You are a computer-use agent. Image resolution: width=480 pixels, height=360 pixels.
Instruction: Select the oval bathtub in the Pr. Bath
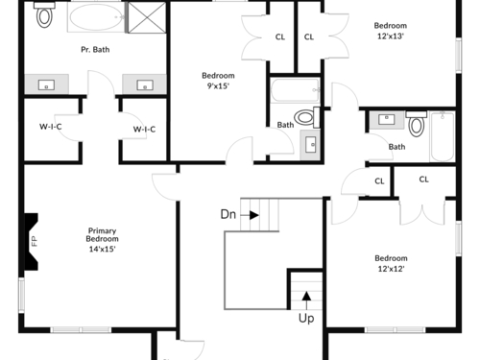[96, 17]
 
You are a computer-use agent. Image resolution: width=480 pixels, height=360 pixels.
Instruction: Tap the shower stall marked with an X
[147, 17]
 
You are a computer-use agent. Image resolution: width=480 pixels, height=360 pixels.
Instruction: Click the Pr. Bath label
[95, 50]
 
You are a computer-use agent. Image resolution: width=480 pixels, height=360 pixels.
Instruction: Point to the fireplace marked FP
[31, 242]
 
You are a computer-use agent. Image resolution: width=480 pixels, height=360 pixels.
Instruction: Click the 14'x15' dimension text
[102, 249]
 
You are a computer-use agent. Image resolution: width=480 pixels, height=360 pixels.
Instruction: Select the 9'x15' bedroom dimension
[218, 86]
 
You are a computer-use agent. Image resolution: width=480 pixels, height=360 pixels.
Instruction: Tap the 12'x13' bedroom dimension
[391, 36]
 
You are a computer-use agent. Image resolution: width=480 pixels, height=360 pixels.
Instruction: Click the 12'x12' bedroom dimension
[391, 269]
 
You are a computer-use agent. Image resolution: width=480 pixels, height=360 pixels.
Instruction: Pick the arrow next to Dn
[250, 215]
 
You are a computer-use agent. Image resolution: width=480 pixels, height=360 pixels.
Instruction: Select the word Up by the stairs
[306, 318]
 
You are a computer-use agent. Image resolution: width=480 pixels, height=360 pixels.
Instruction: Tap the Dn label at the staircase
[228, 214]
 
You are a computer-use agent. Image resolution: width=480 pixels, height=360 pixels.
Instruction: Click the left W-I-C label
[51, 127]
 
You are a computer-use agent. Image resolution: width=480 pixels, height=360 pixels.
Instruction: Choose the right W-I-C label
[144, 130]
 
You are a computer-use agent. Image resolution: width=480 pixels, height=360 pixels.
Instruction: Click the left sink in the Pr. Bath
[46, 84]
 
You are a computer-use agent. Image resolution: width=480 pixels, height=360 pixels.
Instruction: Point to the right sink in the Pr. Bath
[145, 85]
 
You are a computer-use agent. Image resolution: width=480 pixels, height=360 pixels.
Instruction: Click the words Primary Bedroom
[102, 235]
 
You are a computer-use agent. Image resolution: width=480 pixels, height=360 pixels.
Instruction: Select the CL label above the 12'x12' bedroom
[423, 180]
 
